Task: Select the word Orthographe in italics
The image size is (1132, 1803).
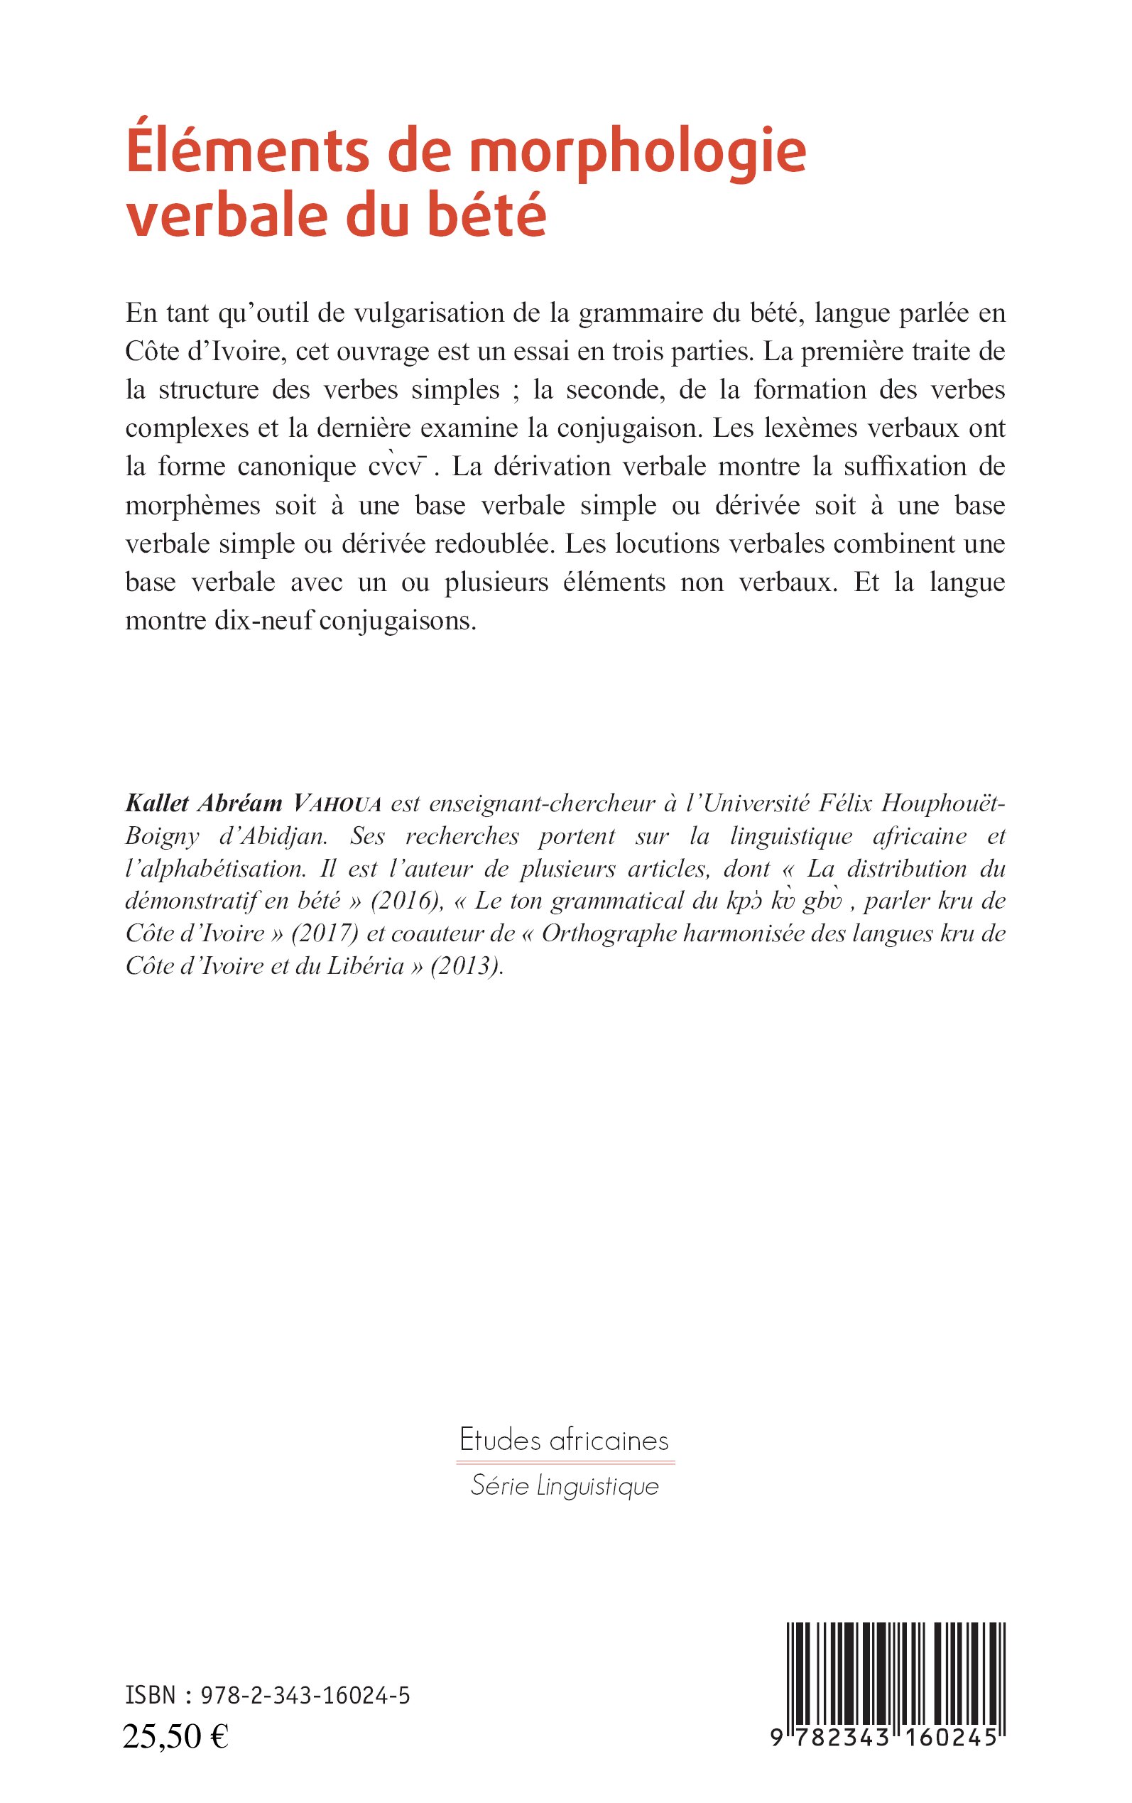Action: (604, 933)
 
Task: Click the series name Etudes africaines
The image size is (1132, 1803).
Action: (564, 1440)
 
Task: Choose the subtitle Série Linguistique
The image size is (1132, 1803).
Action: (565, 1486)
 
